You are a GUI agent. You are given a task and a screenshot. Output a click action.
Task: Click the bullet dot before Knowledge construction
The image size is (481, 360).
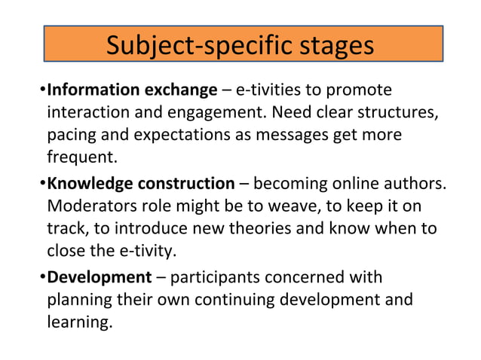(x=42, y=184)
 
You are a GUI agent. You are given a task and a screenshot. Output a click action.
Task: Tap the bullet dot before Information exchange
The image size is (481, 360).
(x=42, y=92)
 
